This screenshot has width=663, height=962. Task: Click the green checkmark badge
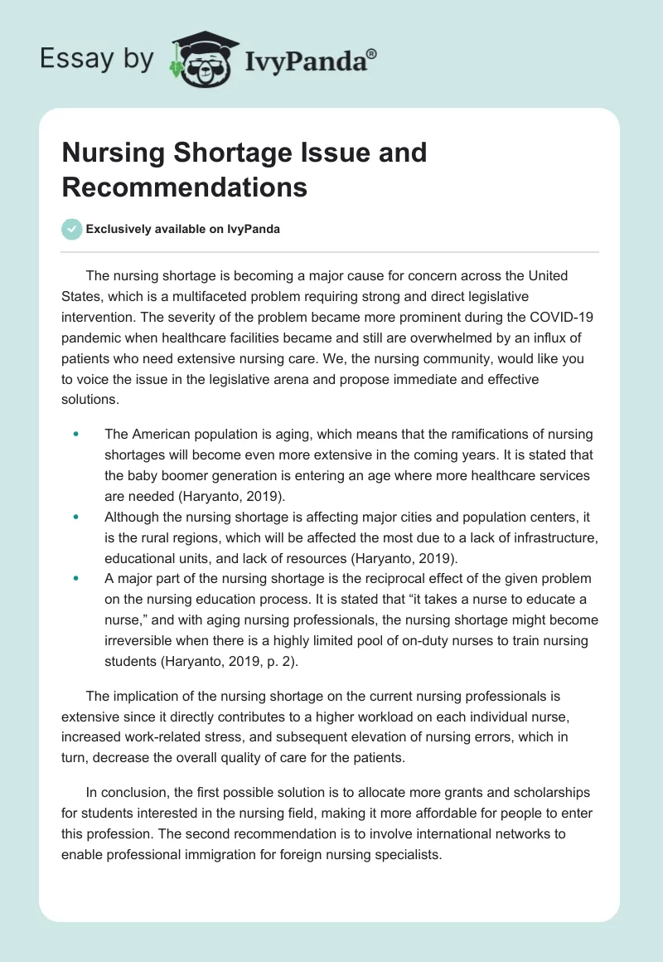pos(72,229)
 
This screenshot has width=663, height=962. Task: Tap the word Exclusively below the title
pos(119,229)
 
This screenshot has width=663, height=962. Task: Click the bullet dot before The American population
pos(76,434)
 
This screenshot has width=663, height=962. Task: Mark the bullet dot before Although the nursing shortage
pos(76,516)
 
